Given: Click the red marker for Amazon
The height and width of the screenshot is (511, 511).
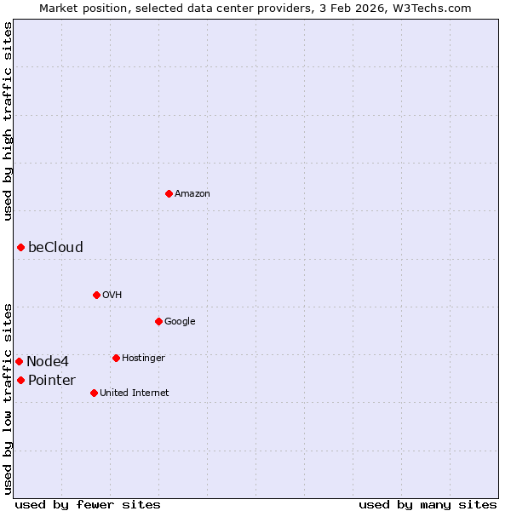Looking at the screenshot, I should (x=169, y=193).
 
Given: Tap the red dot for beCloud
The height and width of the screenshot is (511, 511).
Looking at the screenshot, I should (x=20, y=247).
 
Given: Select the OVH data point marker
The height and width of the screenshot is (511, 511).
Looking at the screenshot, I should (x=96, y=295).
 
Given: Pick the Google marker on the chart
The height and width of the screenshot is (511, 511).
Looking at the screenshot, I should (x=158, y=321).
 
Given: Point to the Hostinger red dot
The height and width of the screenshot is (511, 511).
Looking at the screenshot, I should (x=116, y=358).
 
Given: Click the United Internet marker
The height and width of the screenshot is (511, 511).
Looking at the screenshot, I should (x=94, y=393).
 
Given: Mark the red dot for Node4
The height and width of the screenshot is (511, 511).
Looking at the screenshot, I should (x=19, y=361).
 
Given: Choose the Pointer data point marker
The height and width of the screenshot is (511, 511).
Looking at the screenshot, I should (x=20, y=380).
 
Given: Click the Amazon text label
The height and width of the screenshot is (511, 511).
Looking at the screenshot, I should (x=192, y=194).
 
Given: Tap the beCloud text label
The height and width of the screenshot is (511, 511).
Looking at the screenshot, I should (x=55, y=248).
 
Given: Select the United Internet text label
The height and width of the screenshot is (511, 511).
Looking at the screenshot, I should (x=134, y=393).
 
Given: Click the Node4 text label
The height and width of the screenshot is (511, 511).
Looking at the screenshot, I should (x=47, y=362).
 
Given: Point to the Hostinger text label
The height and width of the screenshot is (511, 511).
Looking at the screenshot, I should (x=143, y=359).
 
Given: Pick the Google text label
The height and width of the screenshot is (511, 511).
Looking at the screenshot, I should (x=180, y=322).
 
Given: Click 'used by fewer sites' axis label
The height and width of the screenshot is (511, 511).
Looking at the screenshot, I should (x=88, y=505).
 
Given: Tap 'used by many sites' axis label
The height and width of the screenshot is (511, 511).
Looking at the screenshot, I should (x=428, y=505).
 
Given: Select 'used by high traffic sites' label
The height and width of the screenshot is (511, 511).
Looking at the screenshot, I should (x=9, y=121).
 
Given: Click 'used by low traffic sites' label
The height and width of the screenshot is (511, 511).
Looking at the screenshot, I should (x=9, y=398).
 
